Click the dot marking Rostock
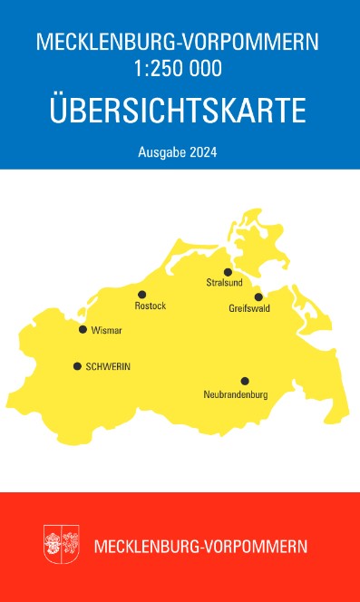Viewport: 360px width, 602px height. (x=141, y=294)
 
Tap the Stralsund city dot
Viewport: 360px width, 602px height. (x=229, y=271)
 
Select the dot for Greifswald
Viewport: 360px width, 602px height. (x=258, y=296)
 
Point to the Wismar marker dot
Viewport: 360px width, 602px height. (x=83, y=329)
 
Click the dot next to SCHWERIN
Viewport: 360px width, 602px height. (x=77, y=366)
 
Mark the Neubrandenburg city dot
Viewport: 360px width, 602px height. (x=244, y=381)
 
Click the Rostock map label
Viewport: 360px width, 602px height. (x=150, y=306)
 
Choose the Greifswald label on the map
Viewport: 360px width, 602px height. (x=248, y=309)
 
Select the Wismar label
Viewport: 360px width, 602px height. (x=107, y=330)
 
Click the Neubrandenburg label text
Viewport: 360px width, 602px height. (x=236, y=394)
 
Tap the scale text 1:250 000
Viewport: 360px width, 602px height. (x=180, y=66)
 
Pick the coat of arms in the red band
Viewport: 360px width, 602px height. (x=62, y=545)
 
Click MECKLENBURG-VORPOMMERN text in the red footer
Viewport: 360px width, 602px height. (x=200, y=547)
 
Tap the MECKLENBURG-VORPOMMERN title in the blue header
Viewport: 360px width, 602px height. (x=180, y=42)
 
